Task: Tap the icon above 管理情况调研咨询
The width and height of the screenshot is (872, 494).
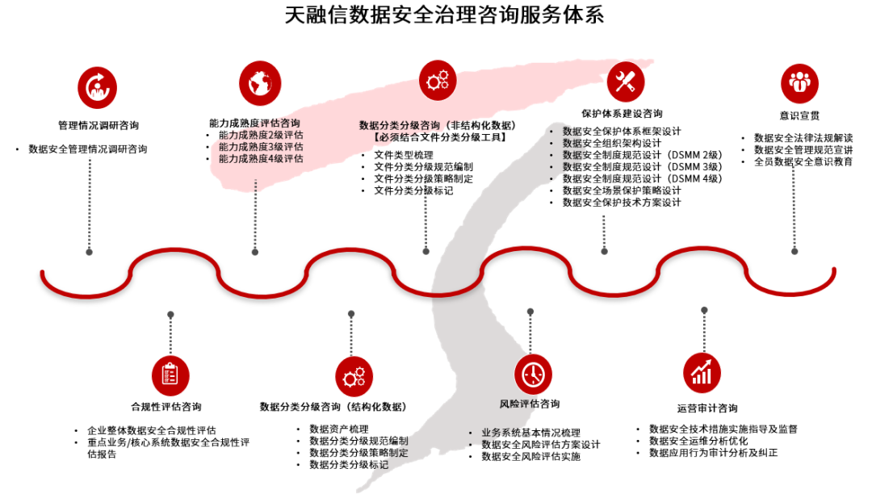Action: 97,86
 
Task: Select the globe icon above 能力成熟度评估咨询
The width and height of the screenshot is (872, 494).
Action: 259,82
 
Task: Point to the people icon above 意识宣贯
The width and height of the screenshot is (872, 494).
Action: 799,82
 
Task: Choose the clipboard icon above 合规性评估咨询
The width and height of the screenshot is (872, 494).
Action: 170,374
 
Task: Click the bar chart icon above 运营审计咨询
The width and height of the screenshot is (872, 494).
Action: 702,372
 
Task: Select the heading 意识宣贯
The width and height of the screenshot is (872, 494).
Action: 799,115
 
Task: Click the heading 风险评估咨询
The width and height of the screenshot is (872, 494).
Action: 530,404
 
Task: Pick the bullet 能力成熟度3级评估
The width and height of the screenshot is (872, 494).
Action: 261,147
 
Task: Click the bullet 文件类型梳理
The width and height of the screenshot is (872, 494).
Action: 403,154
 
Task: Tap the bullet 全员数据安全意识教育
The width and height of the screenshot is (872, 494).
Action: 803,161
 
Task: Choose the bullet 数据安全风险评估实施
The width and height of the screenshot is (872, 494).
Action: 530,457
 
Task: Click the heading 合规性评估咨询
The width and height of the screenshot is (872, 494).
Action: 166,406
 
